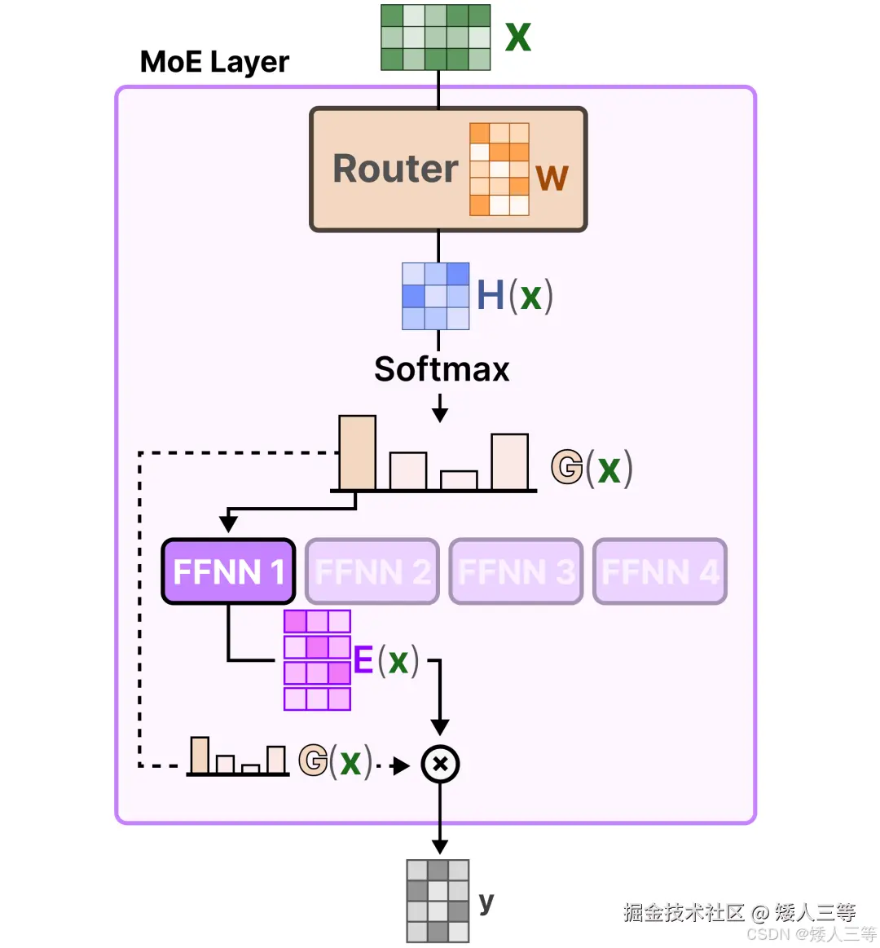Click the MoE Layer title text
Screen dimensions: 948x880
tap(214, 62)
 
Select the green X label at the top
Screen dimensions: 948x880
tap(518, 37)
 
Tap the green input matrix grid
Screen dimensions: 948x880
tap(436, 37)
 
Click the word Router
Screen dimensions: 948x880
tap(395, 169)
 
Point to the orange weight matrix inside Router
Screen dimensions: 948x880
tap(499, 170)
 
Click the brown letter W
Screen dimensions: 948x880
tap(552, 178)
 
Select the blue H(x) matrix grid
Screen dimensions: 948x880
tap(436, 296)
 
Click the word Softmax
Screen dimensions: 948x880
tap(442, 369)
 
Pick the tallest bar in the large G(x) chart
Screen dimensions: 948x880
tap(357, 453)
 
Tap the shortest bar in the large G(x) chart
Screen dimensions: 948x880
tap(459, 480)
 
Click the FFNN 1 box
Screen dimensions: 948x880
tap(228, 571)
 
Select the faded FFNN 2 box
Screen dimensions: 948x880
tap(372, 571)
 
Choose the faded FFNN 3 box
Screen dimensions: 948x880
tap(516, 571)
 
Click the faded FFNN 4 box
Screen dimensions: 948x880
tap(659, 571)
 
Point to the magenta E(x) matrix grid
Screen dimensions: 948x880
tap(317, 660)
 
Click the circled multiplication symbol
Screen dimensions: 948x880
tap(440, 765)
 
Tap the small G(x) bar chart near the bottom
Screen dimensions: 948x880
tap(238, 756)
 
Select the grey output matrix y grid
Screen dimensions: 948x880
tap(438, 901)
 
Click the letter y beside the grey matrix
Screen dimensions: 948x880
tap(486, 902)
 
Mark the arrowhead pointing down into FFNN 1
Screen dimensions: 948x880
tap(229, 523)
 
